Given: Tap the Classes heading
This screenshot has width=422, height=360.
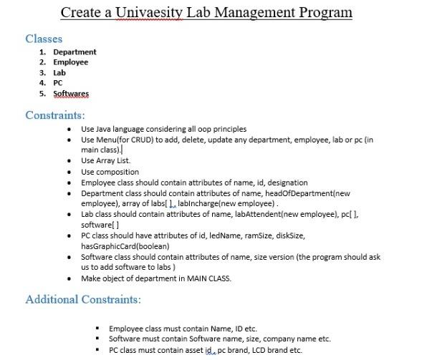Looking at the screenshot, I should [44, 39].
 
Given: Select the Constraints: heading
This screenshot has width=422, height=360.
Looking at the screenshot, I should [55, 115].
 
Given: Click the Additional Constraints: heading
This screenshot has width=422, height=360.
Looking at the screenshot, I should [83, 298].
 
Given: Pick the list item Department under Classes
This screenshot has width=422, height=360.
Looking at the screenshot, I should [75, 52].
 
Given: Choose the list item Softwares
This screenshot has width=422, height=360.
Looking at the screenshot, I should [71, 93].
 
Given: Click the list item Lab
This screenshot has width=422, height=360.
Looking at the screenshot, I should [59, 72].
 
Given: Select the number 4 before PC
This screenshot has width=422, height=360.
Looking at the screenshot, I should [42, 83].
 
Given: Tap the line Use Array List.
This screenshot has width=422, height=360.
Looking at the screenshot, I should [105, 161].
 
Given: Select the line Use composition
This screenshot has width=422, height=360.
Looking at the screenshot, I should [110, 172].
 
